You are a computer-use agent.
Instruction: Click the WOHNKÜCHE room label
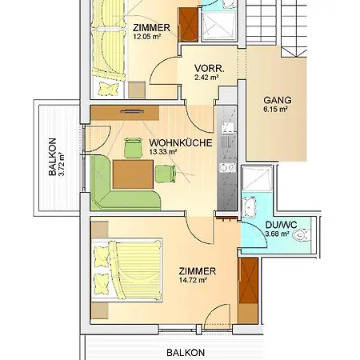click(x=181, y=143)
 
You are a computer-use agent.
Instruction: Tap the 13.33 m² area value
click(x=163, y=152)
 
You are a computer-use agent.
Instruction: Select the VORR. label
click(x=210, y=69)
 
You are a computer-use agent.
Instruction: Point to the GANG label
click(x=278, y=100)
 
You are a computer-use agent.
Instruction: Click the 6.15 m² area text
click(x=275, y=110)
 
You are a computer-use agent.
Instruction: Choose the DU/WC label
click(x=281, y=225)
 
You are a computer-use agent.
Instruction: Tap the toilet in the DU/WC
click(x=302, y=235)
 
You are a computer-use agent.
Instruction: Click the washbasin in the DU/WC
click(x=249, y=207)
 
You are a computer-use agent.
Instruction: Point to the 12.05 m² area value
click(x=147, y=37)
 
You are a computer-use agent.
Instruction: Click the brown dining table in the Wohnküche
click(x=133, y=174)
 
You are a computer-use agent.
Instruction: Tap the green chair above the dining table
click(x=133, y=147)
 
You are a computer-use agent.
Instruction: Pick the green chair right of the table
click(x=166, y=174)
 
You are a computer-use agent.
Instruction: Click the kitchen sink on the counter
click(x=227, y=128)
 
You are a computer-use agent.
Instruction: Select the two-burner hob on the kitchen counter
click(x=227, y=168)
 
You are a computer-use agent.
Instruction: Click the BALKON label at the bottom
click(x=186, y=353)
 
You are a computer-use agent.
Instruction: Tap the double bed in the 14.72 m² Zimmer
click(x=127, y=270)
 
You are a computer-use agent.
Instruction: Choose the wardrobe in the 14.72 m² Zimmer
click(x=248, y=290)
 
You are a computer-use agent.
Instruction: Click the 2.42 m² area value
click(x=206, y=78)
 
